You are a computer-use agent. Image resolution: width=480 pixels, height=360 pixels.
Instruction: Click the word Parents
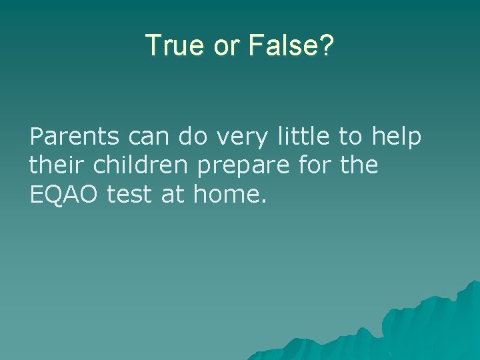click(74, 137)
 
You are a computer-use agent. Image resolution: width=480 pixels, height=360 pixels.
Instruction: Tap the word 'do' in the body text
click(192, 137)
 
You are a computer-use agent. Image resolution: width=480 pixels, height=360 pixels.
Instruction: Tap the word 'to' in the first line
click(349, 137)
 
